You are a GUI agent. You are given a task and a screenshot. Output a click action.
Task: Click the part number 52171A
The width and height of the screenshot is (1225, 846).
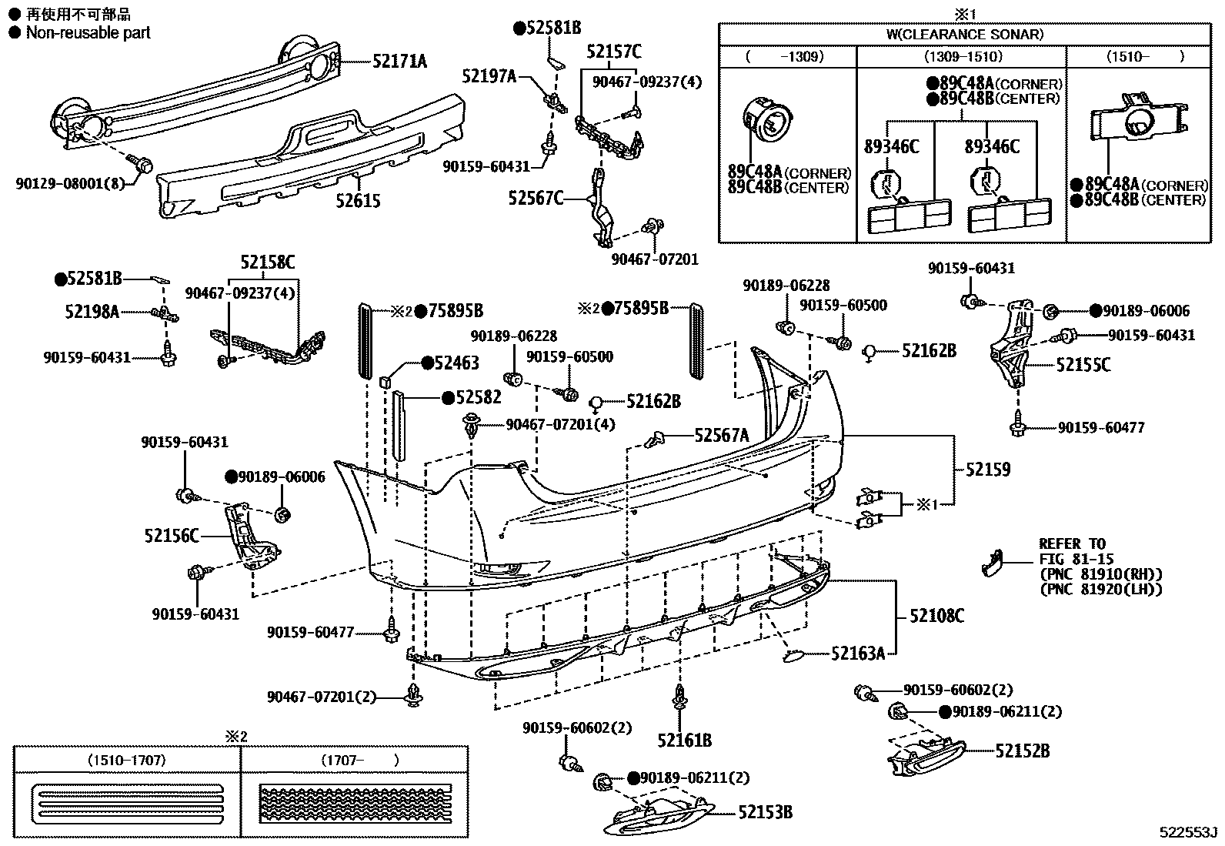[399, 62]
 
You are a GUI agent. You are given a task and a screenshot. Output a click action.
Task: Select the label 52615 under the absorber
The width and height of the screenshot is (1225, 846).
[359, 201]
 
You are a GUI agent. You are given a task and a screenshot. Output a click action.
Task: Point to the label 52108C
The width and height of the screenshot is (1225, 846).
[936, 615]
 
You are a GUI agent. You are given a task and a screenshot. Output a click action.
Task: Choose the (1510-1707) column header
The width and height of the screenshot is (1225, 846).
[127, 761]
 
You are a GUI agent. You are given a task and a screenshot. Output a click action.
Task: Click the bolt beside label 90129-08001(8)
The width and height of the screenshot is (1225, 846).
[142, 164]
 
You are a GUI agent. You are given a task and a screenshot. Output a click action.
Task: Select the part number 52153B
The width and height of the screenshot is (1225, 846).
[765, 811]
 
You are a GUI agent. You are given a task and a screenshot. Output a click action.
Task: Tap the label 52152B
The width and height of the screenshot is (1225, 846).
[1022, 750]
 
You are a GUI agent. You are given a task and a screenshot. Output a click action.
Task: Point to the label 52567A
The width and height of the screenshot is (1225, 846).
[721, 436]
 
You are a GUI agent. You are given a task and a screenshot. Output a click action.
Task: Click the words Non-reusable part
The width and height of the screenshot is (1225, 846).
[88, 32]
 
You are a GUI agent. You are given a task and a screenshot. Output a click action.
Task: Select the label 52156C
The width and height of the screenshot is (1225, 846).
[171, 535]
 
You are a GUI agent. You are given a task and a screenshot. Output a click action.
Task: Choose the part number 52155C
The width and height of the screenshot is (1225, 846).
[1083, 365]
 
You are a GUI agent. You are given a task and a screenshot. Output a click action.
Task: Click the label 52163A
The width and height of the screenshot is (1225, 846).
[858, 654]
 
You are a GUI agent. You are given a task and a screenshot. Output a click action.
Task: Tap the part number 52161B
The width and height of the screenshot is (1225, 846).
[684, 741]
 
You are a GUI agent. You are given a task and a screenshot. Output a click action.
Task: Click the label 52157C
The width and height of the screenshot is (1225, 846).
[613, 52]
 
